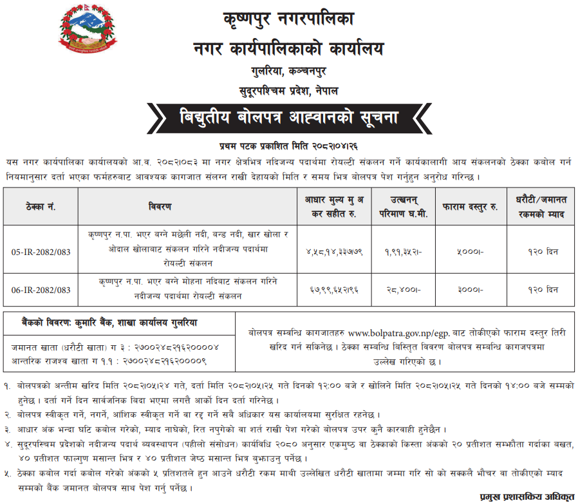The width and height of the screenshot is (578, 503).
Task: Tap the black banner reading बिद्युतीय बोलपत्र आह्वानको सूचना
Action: pyautogui.click(x=288, y=118)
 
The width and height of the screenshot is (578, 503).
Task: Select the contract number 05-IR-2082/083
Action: pyautogui.click(x=41, y=248)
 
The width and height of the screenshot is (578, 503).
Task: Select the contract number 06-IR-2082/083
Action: pyautogui.click(x=41, y=290)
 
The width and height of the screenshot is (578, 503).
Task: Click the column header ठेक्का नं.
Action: pyautogui.click(x=41, y=207)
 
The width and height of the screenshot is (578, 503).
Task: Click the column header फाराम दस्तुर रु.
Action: pyautogui.click(x=470, y=207)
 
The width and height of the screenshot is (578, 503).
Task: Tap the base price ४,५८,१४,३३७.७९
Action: pyautogui.click(x=333, y=249)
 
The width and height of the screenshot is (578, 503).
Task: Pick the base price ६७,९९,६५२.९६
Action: pyautogui.click(x=333, y=290)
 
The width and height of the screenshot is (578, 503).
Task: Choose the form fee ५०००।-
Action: pyautogui.click(x=470, y=249)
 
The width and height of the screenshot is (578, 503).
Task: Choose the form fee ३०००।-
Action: pyautogui.click(x=470, y=290)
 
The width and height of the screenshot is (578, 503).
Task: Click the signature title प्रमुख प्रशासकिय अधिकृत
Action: pyautogui.click(x=527, y=497)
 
